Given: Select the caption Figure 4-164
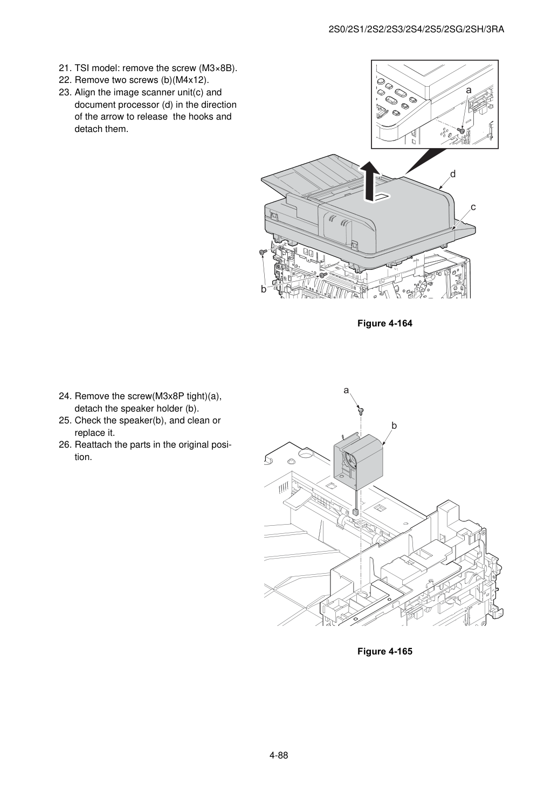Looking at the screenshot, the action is click(384, 323).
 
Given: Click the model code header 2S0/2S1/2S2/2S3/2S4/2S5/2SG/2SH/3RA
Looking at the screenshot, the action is click(416, 30).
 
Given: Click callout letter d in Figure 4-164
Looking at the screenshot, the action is click(453, 174).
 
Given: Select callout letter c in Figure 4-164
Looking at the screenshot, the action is click(473, 207).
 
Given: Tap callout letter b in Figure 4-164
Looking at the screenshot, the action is click(263, 289).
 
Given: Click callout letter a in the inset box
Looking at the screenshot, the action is click(469, 90).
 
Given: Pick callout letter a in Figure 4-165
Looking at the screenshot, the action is click(346, 391).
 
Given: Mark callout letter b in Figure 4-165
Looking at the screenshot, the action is click(394, 426).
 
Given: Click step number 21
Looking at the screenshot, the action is click(65, 68).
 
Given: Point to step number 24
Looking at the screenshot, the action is click(65, 396).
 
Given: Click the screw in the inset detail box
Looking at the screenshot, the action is click(461, 131).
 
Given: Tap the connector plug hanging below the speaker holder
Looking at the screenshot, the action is click(356, 512).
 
